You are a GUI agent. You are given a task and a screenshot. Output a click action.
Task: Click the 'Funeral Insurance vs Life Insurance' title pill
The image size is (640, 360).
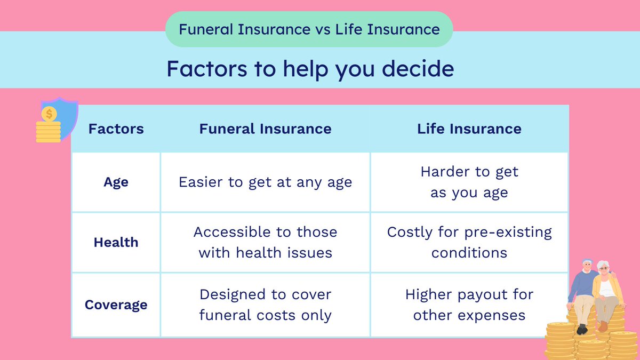click(x=309, y=29)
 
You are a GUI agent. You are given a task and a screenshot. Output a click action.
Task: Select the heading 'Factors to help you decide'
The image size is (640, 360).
click(x=310, y=69)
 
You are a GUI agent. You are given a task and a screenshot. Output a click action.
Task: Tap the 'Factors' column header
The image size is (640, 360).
click(x=116, y=129)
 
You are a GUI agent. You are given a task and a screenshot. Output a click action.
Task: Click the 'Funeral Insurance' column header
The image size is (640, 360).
click(x=265, y=129)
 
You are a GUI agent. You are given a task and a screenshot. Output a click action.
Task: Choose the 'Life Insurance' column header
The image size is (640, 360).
click(x=469, y=129)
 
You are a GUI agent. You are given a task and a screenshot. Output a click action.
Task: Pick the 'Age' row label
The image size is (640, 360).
click(x=116, y=182)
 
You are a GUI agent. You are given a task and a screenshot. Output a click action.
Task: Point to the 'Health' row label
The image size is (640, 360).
click(x=116, y=242)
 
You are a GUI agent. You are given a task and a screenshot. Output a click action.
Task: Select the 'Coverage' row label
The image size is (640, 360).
click(x=116, y=305)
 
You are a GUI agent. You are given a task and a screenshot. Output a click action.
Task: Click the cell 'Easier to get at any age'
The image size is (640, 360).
click(x=265, y=182)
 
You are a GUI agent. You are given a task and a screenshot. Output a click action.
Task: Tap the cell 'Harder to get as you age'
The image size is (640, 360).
click(x=469, y=182)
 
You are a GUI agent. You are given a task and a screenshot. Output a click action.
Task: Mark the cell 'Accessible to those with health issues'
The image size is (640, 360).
click(x=265, y=242)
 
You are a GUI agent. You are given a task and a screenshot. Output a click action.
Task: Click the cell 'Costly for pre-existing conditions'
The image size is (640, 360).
click(x=469, y=242)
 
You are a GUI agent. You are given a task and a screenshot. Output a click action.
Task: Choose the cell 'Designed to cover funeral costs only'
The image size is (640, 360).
click(x=265, y=305)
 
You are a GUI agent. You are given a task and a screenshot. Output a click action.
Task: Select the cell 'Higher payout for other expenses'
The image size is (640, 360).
click(x=469, y=305)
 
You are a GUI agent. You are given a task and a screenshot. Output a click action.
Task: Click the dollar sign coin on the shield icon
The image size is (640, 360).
click(x=49, y=114)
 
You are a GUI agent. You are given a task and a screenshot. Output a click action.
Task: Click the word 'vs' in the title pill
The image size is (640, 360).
click(x=320, y=29)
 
